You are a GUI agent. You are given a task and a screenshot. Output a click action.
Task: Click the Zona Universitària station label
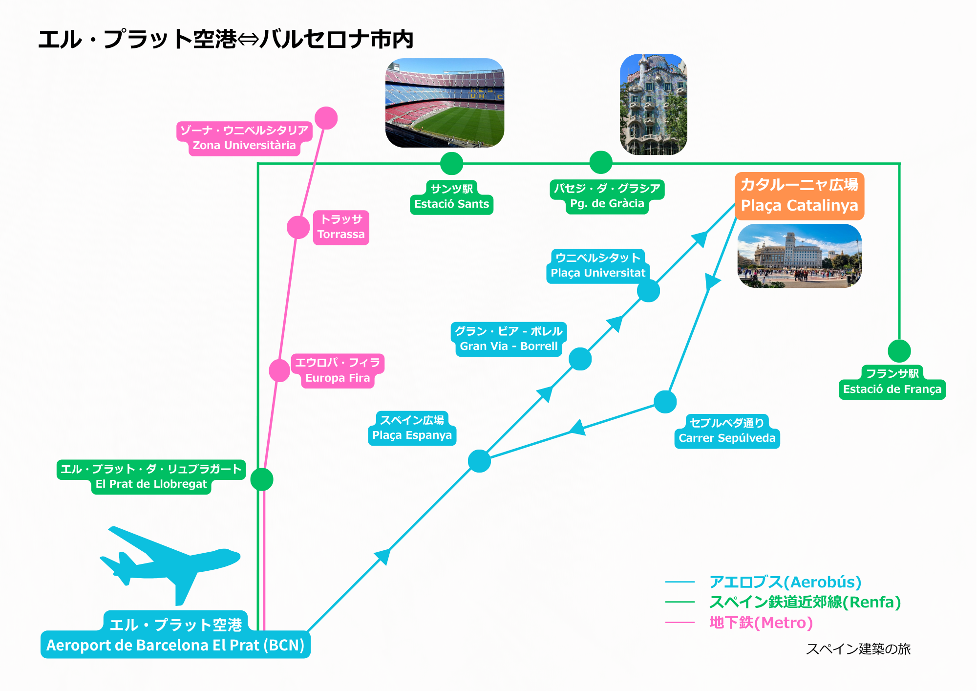[244, 138]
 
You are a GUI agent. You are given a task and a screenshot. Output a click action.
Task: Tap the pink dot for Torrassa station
[298, 227]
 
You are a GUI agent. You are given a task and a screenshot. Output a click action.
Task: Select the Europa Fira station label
[338, 371]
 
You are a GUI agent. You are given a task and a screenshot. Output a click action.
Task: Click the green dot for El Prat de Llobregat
[262, 479]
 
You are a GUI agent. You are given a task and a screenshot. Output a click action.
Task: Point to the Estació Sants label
[451, 197]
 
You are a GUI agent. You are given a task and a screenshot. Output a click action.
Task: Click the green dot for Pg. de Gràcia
[601, 163]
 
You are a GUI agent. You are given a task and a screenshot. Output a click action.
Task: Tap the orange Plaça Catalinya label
[799, 196]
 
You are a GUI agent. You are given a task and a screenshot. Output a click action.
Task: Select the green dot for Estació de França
[899, 351]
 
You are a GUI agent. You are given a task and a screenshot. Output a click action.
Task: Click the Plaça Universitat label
[598, 266]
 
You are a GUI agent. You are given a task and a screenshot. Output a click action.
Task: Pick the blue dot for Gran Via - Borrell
[580, 359]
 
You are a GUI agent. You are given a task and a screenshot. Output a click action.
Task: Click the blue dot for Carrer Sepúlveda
[665, 402]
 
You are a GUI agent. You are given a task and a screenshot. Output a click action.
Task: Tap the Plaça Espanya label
[412, 429]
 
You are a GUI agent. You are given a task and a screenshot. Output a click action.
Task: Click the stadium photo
[445, 103]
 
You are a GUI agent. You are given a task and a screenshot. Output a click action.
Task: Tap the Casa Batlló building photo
[653, 105]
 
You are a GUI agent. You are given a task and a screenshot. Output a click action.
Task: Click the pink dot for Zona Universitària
[326, 118]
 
